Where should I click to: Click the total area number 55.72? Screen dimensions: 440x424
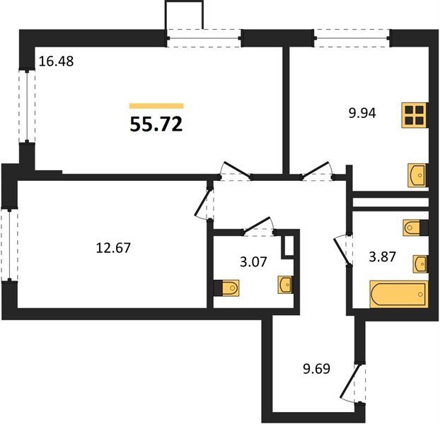click(156, 124)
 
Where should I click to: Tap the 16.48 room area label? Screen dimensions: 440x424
click(56, 61)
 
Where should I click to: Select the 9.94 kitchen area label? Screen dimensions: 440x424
click(362, 113)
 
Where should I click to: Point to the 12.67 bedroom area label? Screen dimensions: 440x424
click(113, 248)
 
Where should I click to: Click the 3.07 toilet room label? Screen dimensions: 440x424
click(253, 261)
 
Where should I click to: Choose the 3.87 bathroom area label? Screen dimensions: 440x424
click(382, 257)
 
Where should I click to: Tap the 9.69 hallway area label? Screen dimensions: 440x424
click(316, 368)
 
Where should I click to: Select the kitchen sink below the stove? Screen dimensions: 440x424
click(417, 175)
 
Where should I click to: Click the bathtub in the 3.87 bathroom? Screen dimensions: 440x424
click(399, 294)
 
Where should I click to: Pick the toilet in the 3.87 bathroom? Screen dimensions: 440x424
click(415, 228)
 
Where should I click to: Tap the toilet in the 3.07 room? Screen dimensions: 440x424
click(226, 288)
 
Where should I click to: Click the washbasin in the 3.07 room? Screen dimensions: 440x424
click(285, 285)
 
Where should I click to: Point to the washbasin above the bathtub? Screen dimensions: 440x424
click(420, 264)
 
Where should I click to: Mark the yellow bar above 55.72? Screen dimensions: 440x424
click(156, 106)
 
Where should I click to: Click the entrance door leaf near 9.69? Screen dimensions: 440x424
click(349, 381)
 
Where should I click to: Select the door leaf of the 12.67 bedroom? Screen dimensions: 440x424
click(202, 203)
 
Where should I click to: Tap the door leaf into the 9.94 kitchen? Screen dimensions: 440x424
click(315, 170)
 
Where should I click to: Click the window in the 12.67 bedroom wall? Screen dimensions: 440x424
click(9, 244)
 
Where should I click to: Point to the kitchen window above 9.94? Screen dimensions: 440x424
click(352, 38)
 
